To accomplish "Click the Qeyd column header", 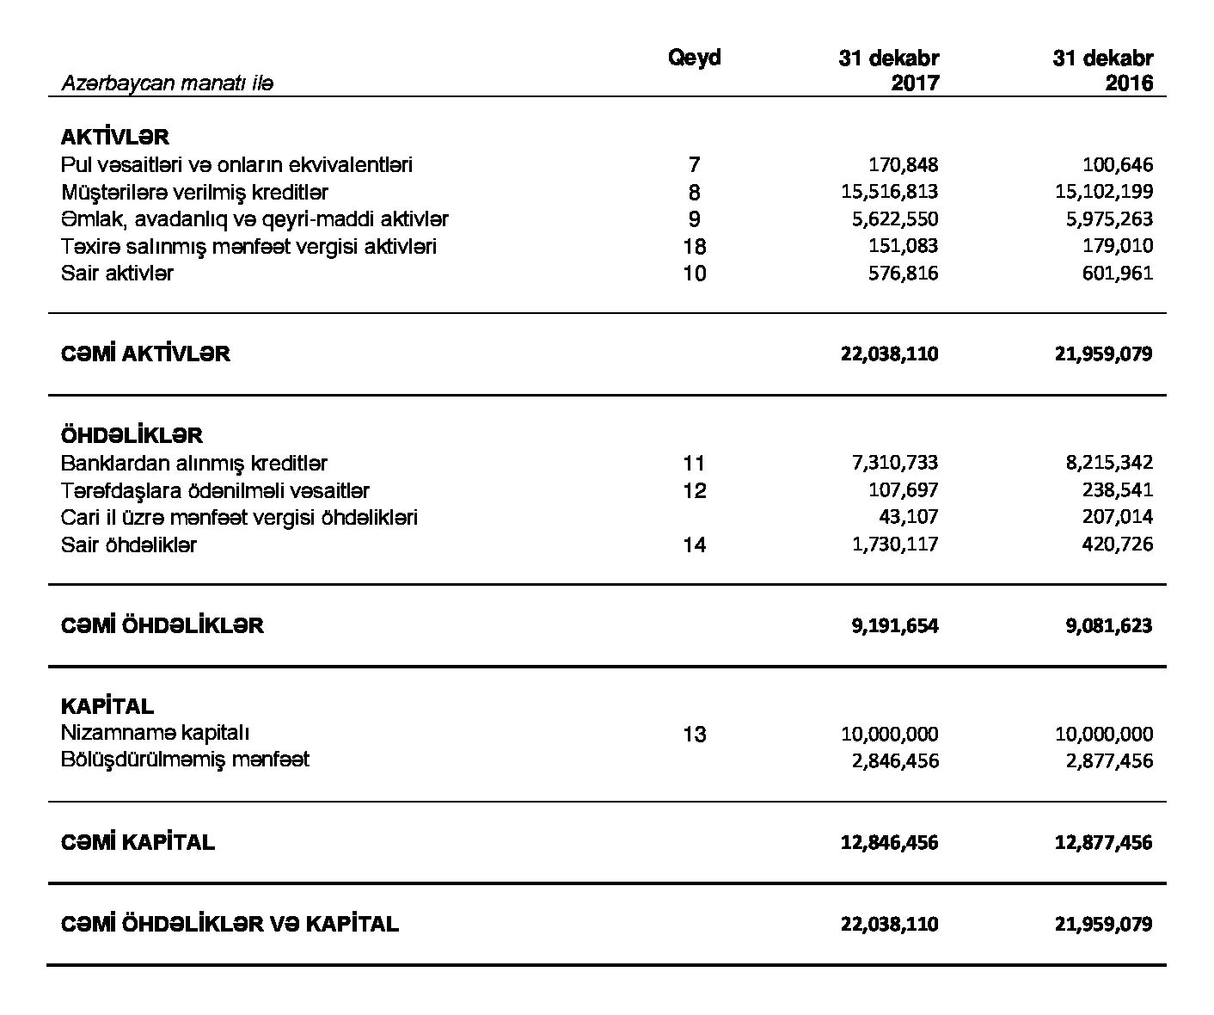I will [694, 58].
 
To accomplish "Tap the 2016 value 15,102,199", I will [1104, 191].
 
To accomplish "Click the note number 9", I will [694, 219].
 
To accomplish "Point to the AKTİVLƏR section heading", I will [115, 137].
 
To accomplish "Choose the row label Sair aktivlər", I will [117, 274].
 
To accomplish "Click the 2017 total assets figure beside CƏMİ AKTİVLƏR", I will [889, 354].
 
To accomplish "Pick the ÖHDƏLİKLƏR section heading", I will [132, 435].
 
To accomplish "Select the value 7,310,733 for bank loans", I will [895, 463].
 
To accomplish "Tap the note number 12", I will [694, 490].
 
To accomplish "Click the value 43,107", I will [908, 517].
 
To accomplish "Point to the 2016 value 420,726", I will [1117, 544].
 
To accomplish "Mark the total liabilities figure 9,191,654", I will [895, 625].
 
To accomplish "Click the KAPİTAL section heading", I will [107, 706].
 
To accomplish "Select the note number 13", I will [694, 734].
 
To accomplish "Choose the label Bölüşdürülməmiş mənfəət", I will [185, 760].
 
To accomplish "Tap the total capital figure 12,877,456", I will [1103, 842].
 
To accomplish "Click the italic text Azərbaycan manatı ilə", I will [167, 83].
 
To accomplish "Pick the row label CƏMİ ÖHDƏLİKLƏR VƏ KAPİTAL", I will [230, 924].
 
